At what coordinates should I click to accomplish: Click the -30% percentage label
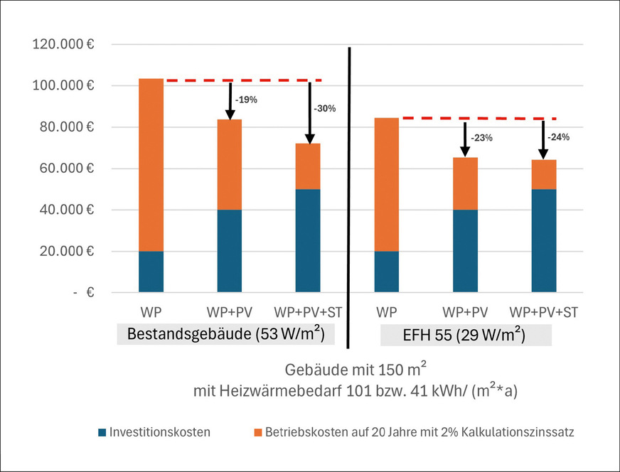324,109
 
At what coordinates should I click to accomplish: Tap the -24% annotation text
560,138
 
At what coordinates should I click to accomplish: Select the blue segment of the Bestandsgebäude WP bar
151,272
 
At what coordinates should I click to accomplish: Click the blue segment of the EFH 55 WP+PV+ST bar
544,241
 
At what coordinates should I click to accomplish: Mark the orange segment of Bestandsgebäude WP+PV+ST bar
308,166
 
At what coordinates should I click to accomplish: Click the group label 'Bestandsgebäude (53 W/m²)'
225,333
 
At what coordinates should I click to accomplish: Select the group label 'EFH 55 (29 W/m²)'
466,334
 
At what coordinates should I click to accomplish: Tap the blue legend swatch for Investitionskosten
102,431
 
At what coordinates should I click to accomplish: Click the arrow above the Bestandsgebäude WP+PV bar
230,100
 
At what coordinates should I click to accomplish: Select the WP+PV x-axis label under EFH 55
465,312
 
